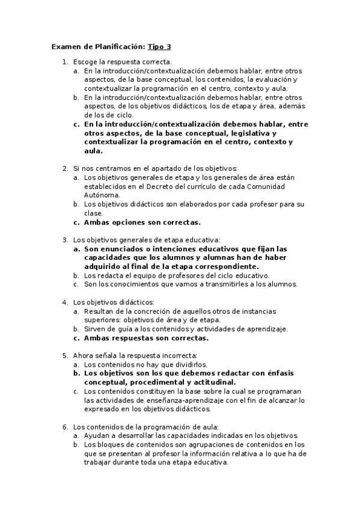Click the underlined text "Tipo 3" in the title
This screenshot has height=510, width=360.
(159, 46)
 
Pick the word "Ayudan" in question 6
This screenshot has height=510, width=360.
(96, 435)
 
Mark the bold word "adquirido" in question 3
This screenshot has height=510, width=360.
(106, 266)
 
